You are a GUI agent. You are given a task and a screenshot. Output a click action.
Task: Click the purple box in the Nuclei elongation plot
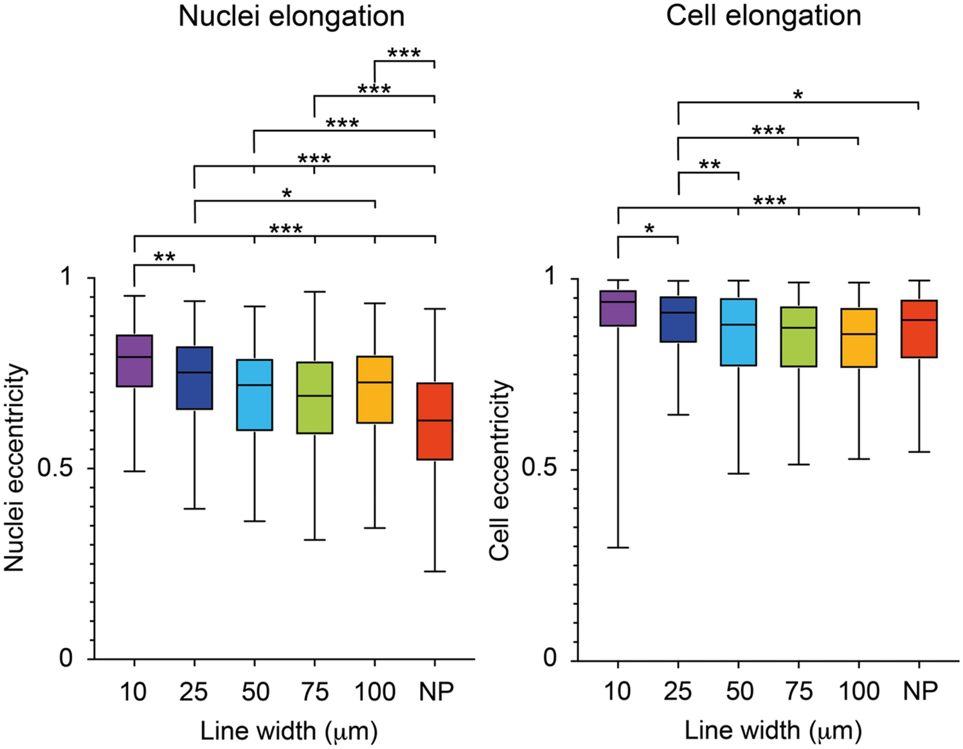click(134, 360)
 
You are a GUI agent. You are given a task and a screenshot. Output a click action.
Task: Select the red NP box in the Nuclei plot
click(435, 421)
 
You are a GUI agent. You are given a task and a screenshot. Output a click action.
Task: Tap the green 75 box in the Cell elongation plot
click(798, 337)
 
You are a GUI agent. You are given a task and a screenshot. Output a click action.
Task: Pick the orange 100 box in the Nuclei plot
click(375, 389)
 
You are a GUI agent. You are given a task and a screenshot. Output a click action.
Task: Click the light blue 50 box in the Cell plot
click(738, 332)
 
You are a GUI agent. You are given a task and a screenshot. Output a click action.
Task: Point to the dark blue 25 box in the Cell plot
click(678, 319)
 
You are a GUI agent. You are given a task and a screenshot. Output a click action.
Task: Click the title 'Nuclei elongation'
click(291, 16)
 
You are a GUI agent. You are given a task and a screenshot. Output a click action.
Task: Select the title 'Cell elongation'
click(763, 15)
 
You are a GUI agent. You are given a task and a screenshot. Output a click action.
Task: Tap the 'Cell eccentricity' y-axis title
click(499, 470)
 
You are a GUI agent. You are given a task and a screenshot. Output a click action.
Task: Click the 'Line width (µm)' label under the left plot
click(289, 731)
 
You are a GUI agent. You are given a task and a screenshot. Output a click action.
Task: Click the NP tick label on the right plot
click(920, 691)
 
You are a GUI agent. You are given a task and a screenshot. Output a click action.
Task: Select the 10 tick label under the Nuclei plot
click(133, 692)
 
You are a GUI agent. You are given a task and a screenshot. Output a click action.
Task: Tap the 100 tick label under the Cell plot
click(859, 691)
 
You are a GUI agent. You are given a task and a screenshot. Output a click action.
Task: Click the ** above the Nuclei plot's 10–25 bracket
click(165, 258)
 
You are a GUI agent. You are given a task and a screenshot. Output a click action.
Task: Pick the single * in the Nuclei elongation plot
click(287, 194)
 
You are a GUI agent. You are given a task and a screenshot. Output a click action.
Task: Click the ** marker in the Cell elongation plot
click(709, 165)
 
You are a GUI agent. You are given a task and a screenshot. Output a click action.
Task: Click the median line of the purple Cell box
click(618, 301)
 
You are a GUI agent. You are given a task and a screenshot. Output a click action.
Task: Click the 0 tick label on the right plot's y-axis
click(550, 658)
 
